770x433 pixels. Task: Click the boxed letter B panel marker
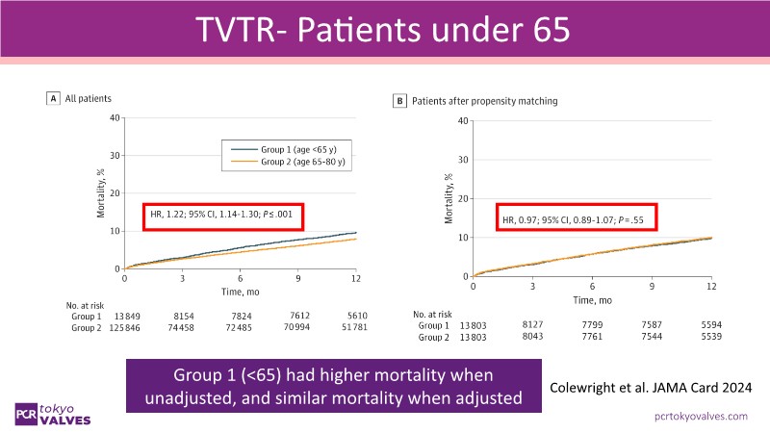399,100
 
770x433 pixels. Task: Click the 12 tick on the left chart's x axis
355,278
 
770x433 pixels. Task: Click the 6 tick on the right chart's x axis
592,287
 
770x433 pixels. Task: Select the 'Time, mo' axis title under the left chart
240,290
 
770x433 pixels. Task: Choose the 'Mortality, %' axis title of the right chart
449,199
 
